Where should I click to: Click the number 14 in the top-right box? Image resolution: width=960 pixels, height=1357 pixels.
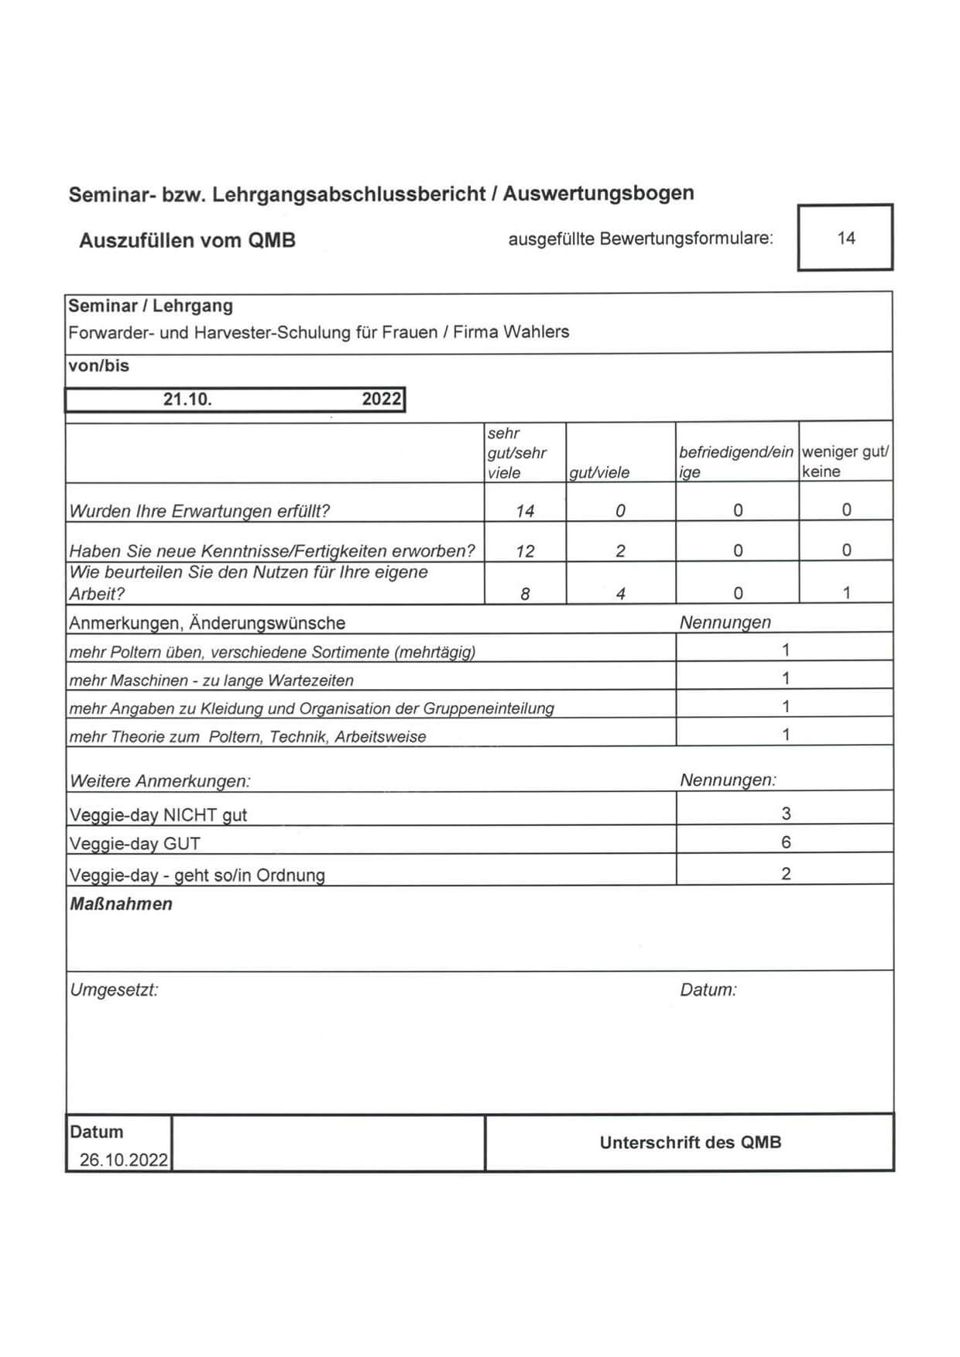(x=845, y=238)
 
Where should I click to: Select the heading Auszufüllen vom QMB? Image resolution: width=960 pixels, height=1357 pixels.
(x=187, y=240)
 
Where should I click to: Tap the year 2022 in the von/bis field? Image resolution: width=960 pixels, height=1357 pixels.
(x=382, y=399)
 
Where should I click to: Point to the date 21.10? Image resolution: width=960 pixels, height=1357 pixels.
(x=187, y=399)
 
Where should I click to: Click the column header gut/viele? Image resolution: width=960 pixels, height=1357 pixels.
(x=599, y=472)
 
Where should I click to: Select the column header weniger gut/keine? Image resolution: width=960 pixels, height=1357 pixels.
(x=845, y=461)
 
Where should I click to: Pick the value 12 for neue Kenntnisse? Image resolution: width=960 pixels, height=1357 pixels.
(x=525, y=551)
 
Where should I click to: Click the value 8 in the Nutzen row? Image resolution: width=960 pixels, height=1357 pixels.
(x=525, y=594)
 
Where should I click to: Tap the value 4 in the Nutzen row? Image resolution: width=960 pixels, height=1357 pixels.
(x=620, y=594)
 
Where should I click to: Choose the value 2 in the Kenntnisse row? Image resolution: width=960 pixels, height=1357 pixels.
(x=620, y=551)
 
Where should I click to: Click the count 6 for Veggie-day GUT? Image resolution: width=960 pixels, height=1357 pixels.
(x=786, y=842)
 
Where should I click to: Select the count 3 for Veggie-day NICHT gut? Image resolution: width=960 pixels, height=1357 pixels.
(x=786, y=814)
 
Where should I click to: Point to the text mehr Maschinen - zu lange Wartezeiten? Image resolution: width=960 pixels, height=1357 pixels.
(x=211, y=680)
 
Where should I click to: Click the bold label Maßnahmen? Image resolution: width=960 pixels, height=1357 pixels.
(x=122, y=904)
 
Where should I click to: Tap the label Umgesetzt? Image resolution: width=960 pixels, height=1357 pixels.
(x=115, y=990)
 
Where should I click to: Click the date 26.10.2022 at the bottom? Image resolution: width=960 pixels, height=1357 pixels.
(x=123, y=1160)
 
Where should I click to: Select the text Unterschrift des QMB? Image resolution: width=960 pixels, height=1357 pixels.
(x=690, y=1143)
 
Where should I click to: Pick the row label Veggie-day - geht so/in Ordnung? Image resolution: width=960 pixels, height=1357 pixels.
(x=197, y=876)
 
